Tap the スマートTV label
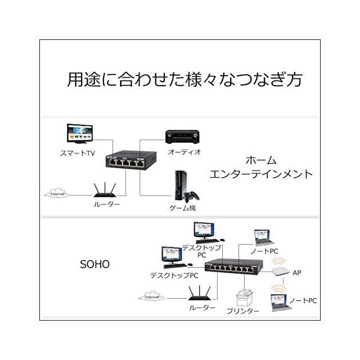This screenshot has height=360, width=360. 78,153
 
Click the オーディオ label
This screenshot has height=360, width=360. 184,152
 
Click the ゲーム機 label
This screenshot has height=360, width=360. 183,208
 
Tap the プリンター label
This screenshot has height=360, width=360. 242,311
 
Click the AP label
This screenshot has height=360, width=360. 297,273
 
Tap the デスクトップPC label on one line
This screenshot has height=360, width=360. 174,276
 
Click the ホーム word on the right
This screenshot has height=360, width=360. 260,160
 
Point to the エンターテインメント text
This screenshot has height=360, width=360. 260,174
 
